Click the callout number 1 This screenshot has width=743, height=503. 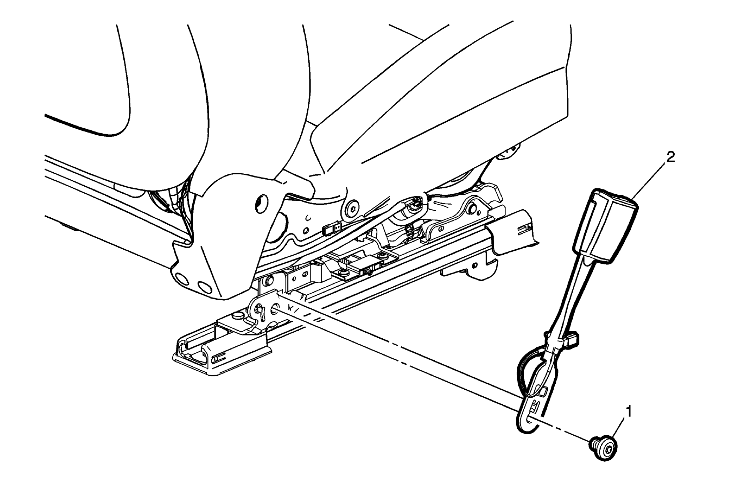pyautogui.click(x=629, y=412)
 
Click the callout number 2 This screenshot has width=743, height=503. pyautogui.click(x=670, y=157)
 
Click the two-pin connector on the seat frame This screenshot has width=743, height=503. pyautogui.click(x=331, y=228)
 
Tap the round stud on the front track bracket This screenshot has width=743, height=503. pyautogui.click(x=238, y=316)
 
